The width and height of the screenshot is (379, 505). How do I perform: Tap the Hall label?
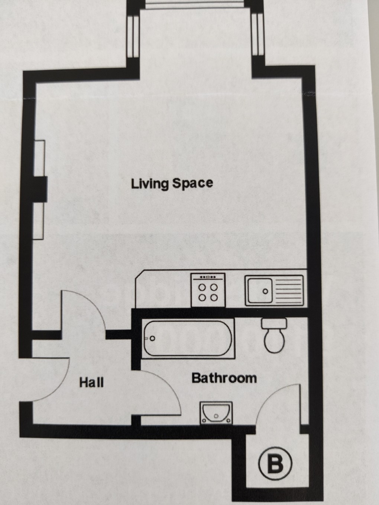pos(91,382)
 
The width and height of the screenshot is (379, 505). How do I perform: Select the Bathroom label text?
pos(224,378)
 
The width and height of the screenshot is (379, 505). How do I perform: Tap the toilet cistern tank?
pos(274,323)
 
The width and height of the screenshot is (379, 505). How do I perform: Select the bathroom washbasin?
pos(216,412)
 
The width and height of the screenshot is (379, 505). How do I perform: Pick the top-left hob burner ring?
pos(203,287)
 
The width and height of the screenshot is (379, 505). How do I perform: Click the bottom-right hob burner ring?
pos(214,297)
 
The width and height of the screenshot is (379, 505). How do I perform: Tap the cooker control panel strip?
pos(208,277)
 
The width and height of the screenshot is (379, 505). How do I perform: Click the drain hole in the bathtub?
pos(152,339)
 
